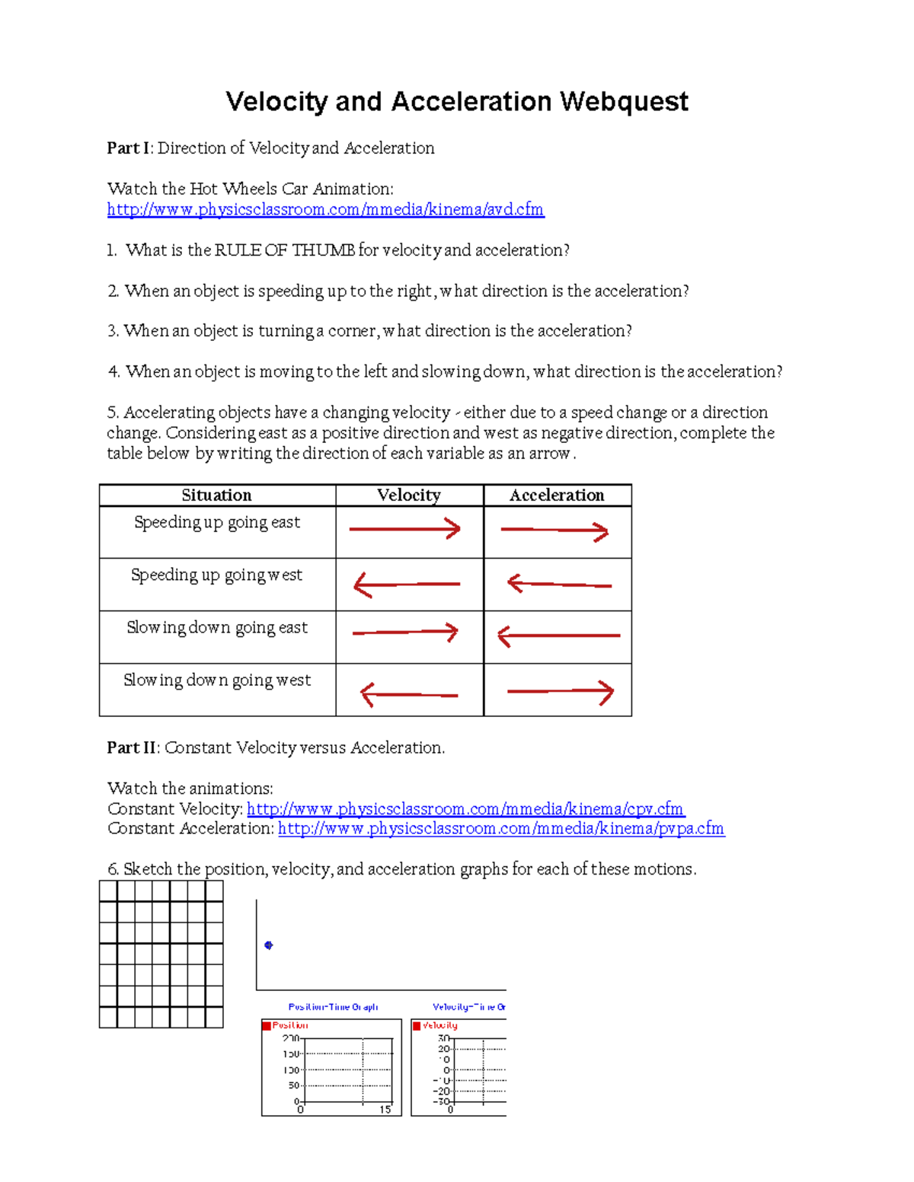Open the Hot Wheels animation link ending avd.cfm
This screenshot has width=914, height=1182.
325,209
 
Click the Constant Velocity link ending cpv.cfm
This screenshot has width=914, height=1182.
465,808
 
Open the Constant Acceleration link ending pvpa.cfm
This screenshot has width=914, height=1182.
501,828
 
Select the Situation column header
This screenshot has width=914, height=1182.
216,495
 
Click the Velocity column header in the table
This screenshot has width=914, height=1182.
409,495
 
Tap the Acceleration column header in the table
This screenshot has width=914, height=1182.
557,495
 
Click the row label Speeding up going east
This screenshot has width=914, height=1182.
217,522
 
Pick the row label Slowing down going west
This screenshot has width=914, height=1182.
217,680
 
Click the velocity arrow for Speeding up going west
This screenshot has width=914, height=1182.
407,585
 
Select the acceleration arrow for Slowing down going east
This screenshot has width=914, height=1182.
558,636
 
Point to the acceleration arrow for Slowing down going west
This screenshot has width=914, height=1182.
560,692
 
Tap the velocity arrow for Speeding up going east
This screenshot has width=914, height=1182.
404,529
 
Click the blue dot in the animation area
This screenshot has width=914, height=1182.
268,945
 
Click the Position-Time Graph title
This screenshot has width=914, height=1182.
333,1007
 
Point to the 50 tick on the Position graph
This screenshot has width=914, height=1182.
294,1085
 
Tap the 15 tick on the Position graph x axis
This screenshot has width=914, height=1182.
385,1110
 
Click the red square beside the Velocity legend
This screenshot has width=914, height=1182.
417,1026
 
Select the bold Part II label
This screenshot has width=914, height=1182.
132,747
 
